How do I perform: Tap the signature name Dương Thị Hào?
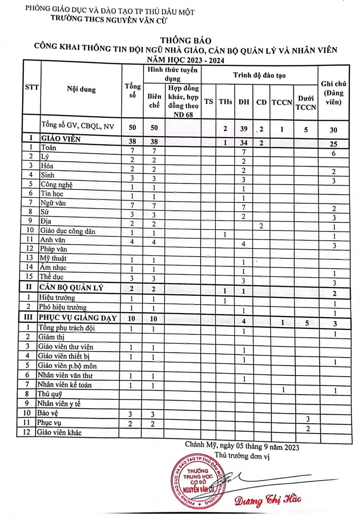tap(268, 499)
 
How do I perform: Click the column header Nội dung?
tap(81, 89)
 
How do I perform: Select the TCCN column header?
tap(282, 102)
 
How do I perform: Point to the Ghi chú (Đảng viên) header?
tap(333, 93)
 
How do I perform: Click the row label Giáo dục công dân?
tap(67, 231)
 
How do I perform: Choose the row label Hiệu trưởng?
tap(57, 298)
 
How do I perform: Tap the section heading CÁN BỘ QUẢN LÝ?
tap(71, 288)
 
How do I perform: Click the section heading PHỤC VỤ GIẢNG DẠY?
tap(77, 318)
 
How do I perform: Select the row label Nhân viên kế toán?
tap(64, 385)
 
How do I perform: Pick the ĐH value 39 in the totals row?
tap(244, 129)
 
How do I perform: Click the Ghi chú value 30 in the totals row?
tap(333, 130)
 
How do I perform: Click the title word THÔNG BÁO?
tap(186, 41)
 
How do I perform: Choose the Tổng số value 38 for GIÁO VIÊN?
tap(132, 141)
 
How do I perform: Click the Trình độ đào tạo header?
tap(259, 75)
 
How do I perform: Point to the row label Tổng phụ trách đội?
tap(66, 327)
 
